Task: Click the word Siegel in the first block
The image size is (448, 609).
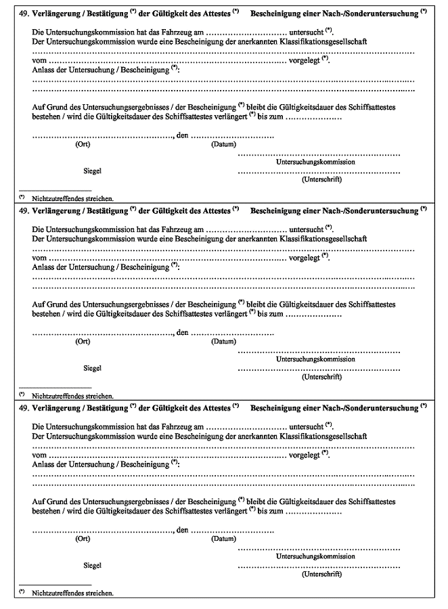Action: pyautogui.click(x=93, y=172)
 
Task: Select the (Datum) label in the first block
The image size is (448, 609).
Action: pyautogui.click(x=223, y=144)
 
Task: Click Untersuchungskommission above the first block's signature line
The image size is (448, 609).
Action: pyautogui.click(x=316, y=162)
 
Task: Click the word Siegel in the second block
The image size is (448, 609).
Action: pyautogui.click(x=93, y=368)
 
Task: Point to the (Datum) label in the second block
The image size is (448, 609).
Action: pyautogui.click(x=223, y=341)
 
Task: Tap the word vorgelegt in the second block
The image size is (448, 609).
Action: pyautogui.click(x=305, y=258)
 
